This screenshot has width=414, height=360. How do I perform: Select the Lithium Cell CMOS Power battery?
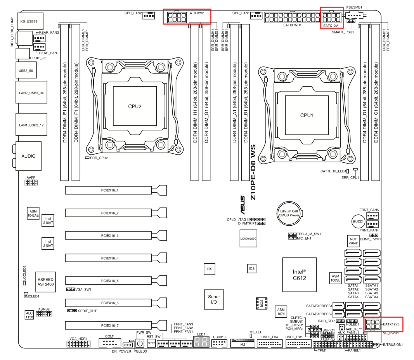pos(289,213)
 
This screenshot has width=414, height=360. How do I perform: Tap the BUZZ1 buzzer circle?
pos(358,221)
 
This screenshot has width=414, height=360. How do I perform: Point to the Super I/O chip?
pos(214,299)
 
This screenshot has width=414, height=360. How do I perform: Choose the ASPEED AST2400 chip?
pos(45,282)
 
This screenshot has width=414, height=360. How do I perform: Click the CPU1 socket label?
pos(306,115)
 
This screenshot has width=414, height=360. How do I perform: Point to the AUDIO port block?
pos(28,156)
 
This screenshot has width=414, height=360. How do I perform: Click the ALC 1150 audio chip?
pos(29,315)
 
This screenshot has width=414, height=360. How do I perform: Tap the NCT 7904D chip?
pos(353,241)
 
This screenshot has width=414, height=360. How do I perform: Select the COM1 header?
pos(110,343)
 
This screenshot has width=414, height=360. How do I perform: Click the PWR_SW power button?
pos(140,343)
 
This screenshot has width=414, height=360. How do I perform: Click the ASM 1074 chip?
pos(281,311)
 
